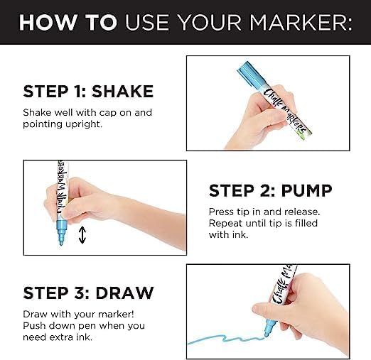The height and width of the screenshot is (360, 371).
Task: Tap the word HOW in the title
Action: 48,23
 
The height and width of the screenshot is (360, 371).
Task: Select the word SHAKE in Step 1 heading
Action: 122,92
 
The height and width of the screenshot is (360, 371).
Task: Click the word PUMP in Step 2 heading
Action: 307,190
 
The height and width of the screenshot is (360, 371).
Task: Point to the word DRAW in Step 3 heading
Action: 125,293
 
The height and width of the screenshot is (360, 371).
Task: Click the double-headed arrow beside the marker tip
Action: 82,235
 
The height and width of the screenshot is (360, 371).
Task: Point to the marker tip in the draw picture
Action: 267,334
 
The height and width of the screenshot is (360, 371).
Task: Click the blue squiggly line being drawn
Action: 226,339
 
